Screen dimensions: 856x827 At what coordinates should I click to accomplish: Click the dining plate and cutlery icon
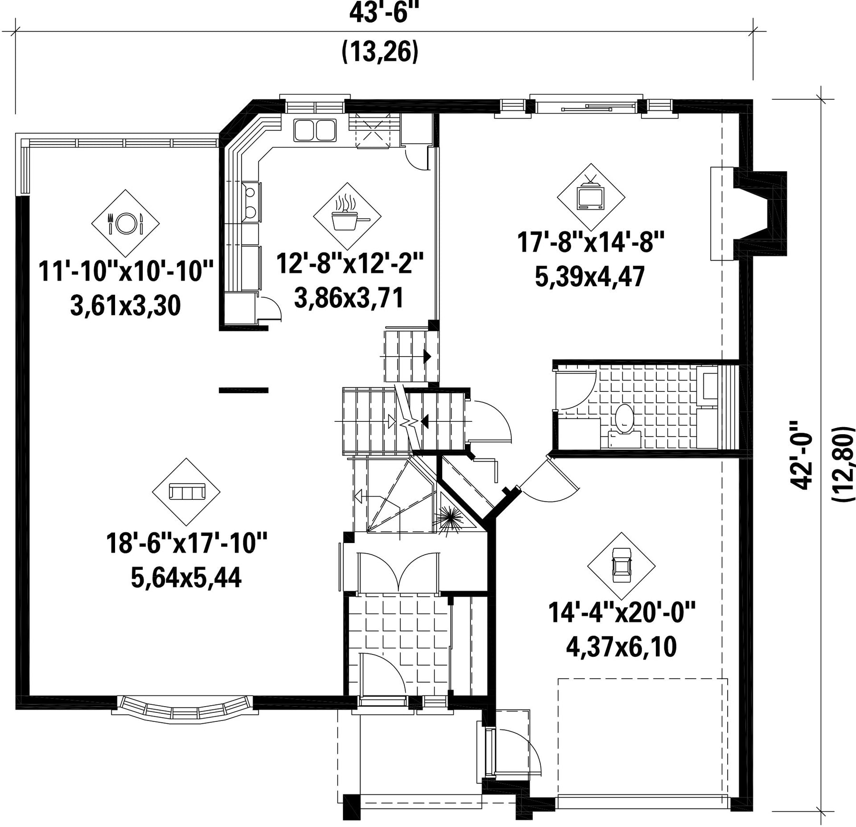(126, 223)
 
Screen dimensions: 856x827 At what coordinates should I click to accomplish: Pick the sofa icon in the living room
(186, 491)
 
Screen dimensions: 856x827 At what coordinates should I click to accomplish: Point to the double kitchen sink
(315, 130)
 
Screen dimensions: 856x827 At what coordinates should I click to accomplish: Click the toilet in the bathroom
(624, 419)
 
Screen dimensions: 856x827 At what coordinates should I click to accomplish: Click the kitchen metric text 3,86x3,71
(349, 298)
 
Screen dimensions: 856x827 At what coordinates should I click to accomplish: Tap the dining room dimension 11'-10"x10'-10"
(126, 271)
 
